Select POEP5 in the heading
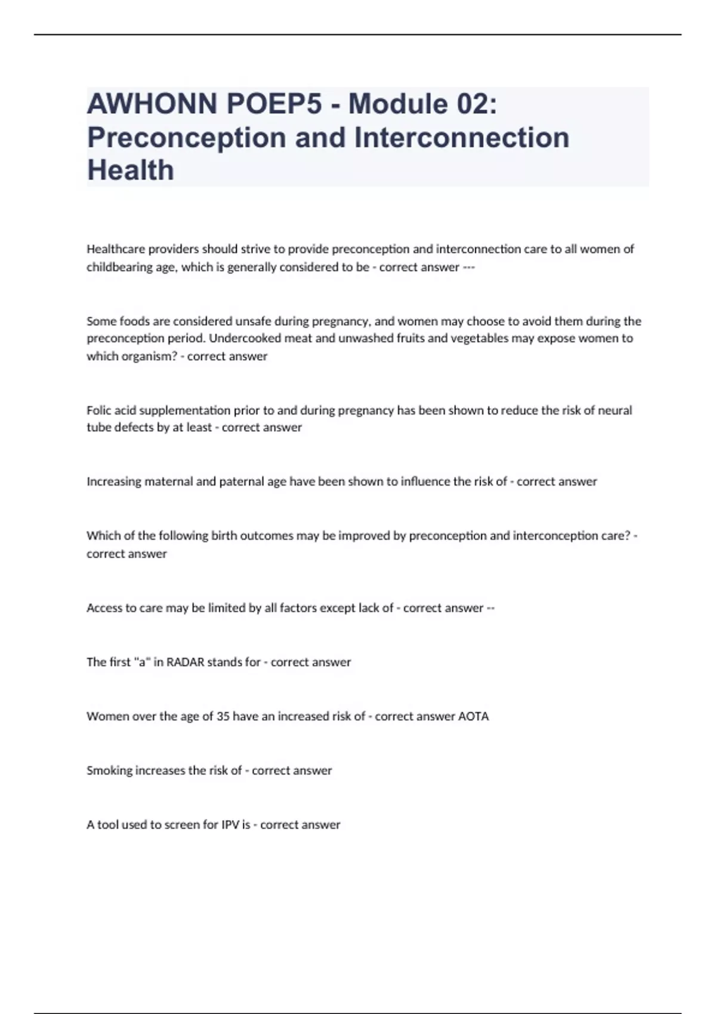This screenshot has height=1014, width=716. [274, 104]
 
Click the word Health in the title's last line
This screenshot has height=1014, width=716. [131, 171]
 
